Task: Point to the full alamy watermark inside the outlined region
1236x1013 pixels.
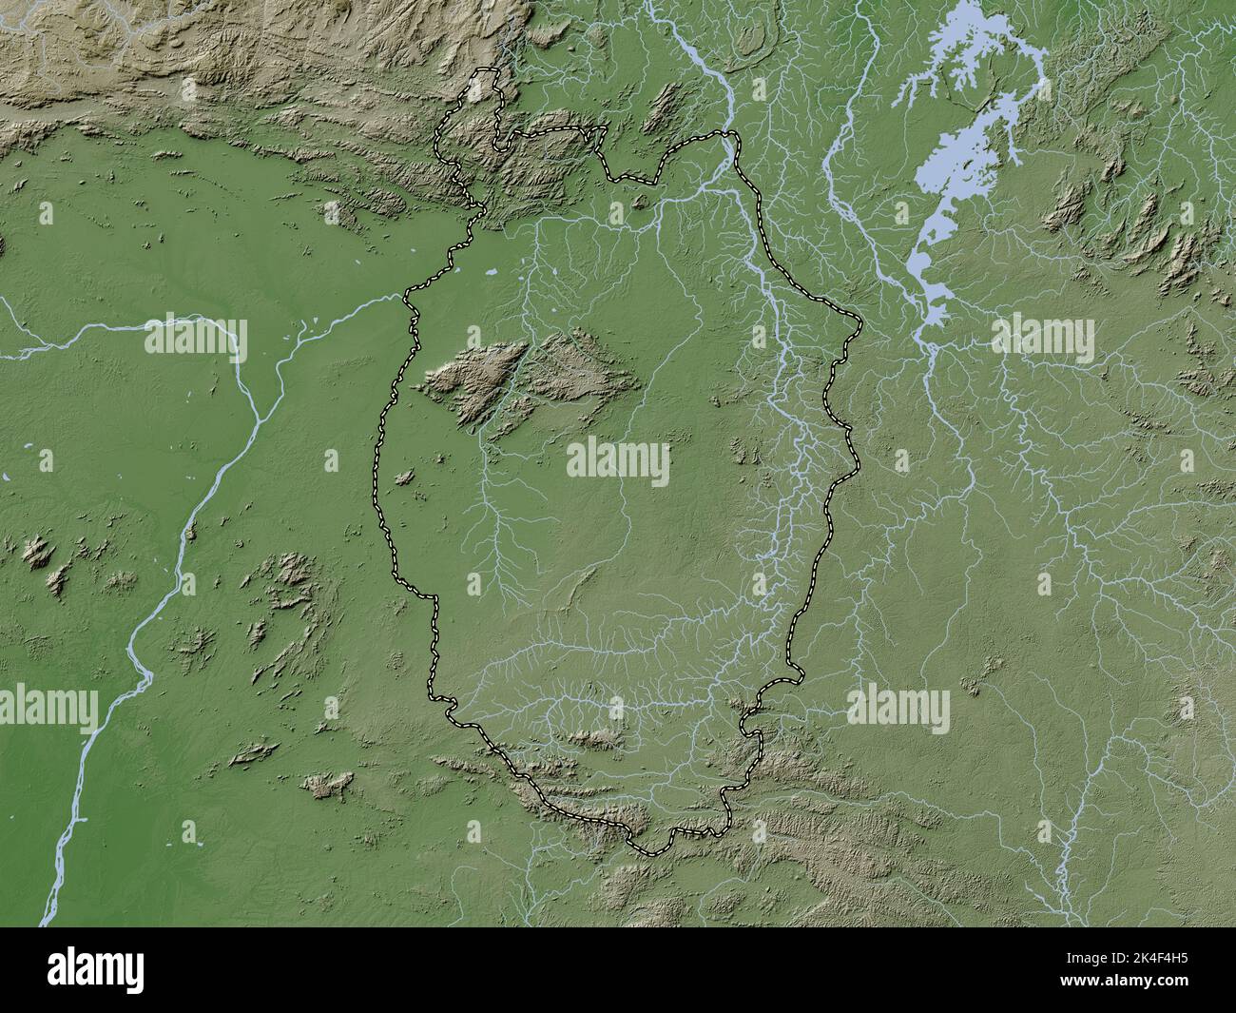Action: (618, 463)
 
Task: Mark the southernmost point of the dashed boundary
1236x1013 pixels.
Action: (651, 853)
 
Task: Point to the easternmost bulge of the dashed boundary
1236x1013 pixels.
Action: (859, 328)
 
